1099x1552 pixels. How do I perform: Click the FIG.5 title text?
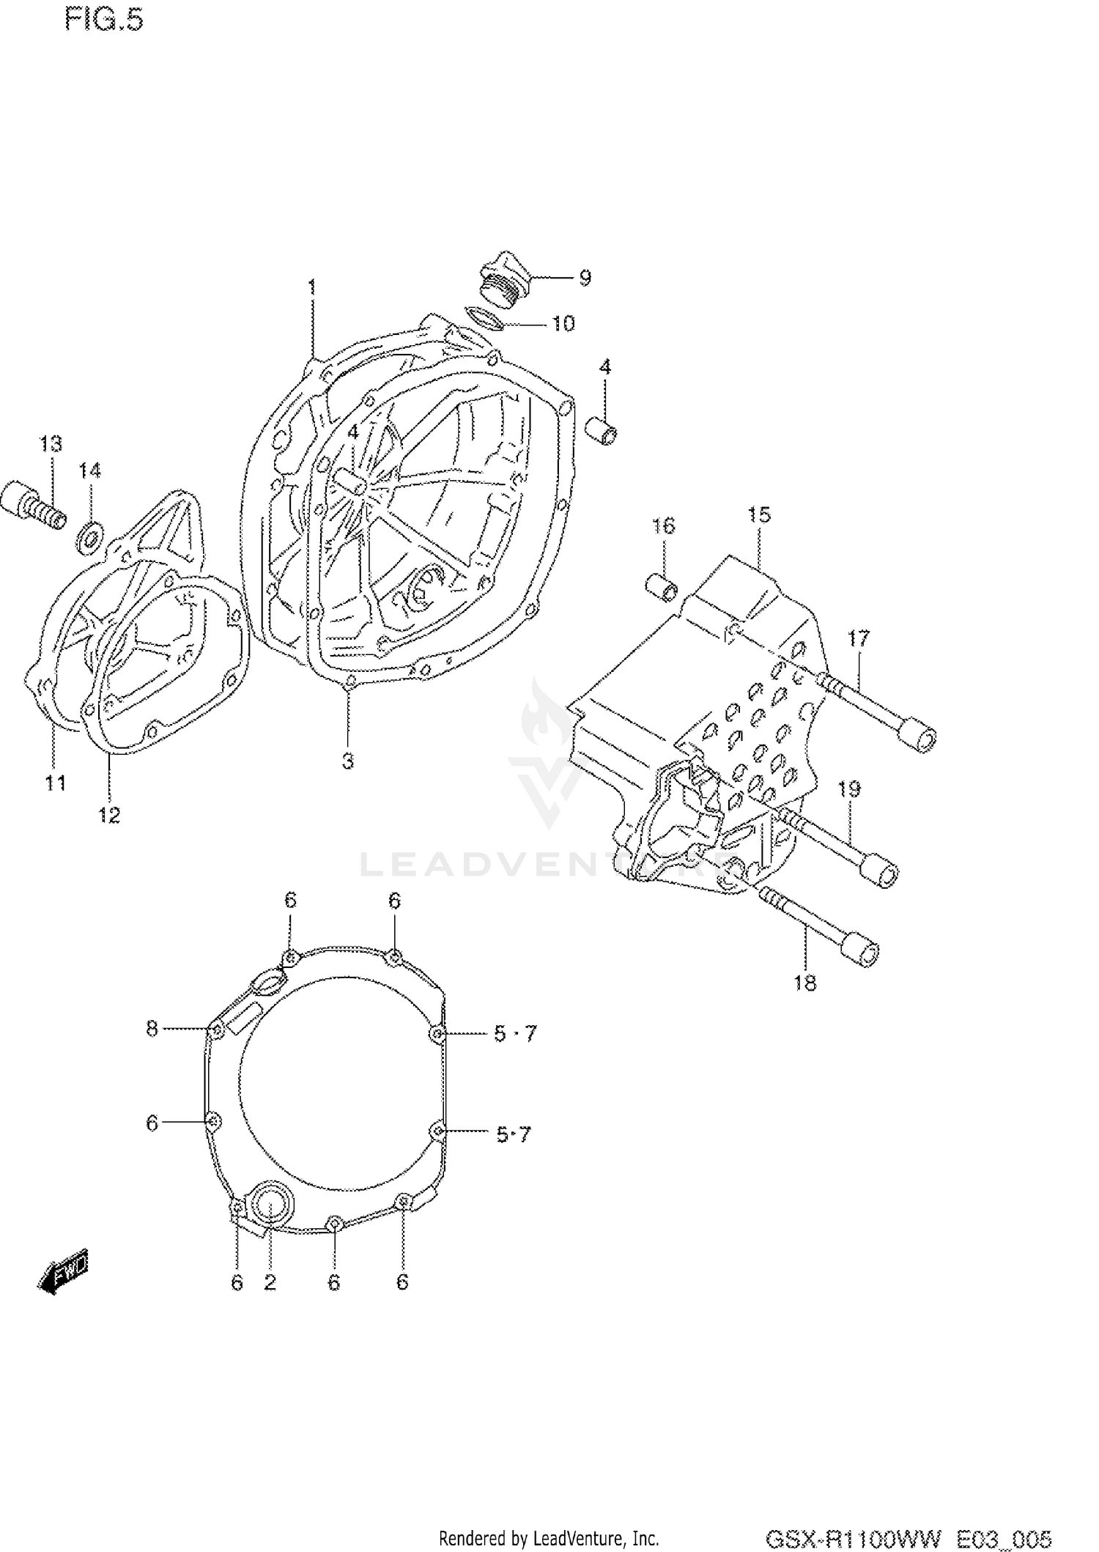pos(104,20)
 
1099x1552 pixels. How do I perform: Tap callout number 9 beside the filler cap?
pos(585,278)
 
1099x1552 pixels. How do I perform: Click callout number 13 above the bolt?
pos(51,444)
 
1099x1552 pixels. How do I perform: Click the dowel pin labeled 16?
pos(661,587)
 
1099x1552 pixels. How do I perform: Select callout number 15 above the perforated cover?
pos(759,515)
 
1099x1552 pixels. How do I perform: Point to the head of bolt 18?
pos(861,950)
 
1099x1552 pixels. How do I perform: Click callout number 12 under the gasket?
pos(110,814)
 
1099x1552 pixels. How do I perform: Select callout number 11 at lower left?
pos(56,783)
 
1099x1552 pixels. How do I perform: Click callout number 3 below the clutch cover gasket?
pos(348,761)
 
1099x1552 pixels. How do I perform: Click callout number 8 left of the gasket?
pos(152,1029)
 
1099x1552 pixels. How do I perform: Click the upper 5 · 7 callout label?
pos(515,1033)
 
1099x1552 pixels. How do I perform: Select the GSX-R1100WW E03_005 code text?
pos(909,1537)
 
